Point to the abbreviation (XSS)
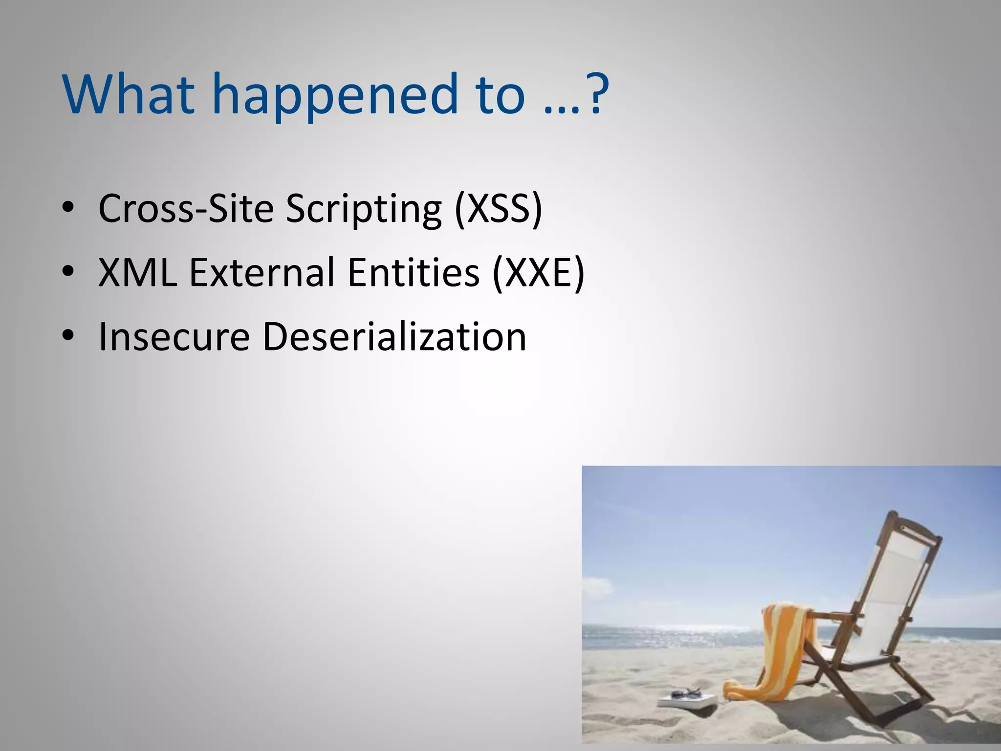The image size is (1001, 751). click(498, 209)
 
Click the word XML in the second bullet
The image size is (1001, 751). click(137, 272)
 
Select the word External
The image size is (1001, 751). click(262, 272)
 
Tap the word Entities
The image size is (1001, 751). click(413, 272)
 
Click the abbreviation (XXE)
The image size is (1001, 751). click(538, 272)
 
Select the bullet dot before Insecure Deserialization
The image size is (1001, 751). click(68, 336)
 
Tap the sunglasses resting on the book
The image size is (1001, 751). click(687, 693)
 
